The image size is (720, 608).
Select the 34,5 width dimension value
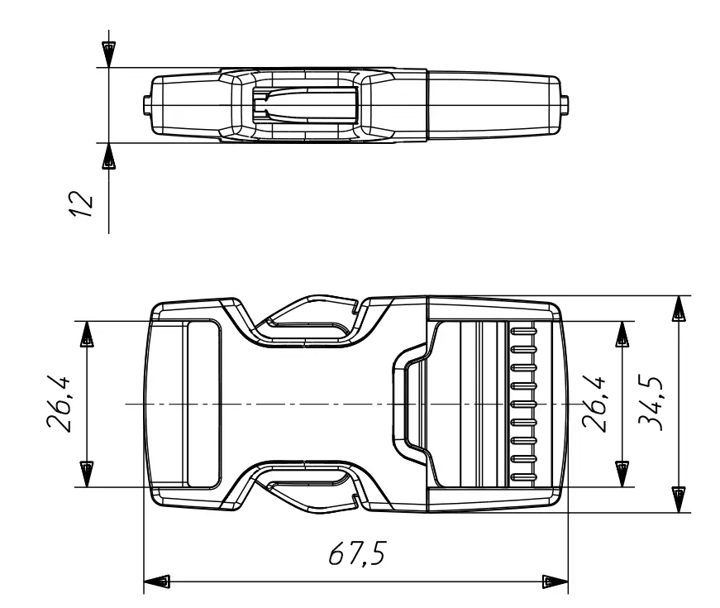click(x=654, y=404)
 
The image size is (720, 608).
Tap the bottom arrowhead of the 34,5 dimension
click(x=678, y=499)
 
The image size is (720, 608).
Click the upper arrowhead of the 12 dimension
click(x=107, y=53)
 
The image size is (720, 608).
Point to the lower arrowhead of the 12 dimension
click(x=107, y=156)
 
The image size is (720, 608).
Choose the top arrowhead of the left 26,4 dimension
click(x=87, y=333)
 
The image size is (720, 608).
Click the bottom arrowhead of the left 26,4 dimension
click(x=87, y=474)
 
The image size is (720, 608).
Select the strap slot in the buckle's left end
click(x=203, y=404)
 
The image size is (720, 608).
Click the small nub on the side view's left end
click(x=146, y=105)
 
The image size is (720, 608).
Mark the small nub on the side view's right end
click(x=565, y=105)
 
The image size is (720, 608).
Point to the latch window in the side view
click(x=304, y=105)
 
